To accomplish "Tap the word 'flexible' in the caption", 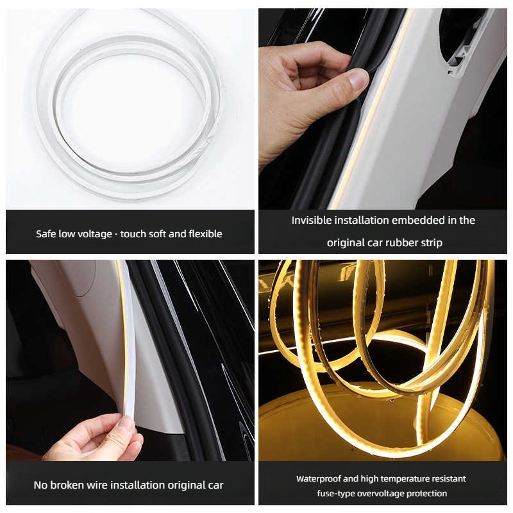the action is pos(205,233).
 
